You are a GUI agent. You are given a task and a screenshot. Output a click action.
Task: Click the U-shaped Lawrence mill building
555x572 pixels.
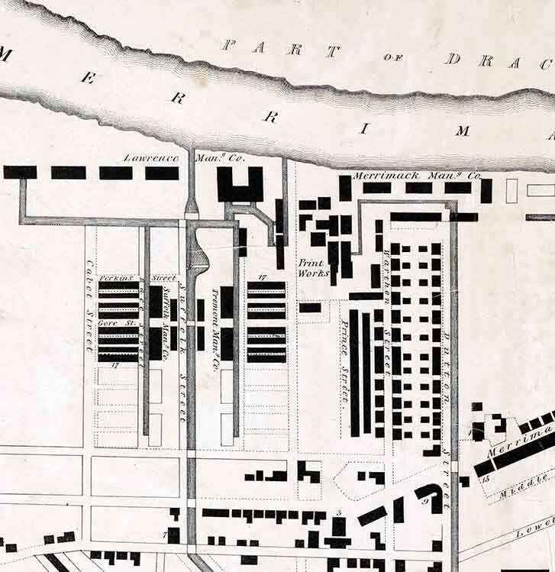pyautogui.click(x=240, y=184)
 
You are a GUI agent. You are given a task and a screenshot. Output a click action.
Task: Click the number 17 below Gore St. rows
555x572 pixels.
pyautogui.click(x=115, y=366)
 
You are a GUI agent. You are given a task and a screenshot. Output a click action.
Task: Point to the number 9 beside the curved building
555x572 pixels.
pyautogui.click(x=425, y=502)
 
